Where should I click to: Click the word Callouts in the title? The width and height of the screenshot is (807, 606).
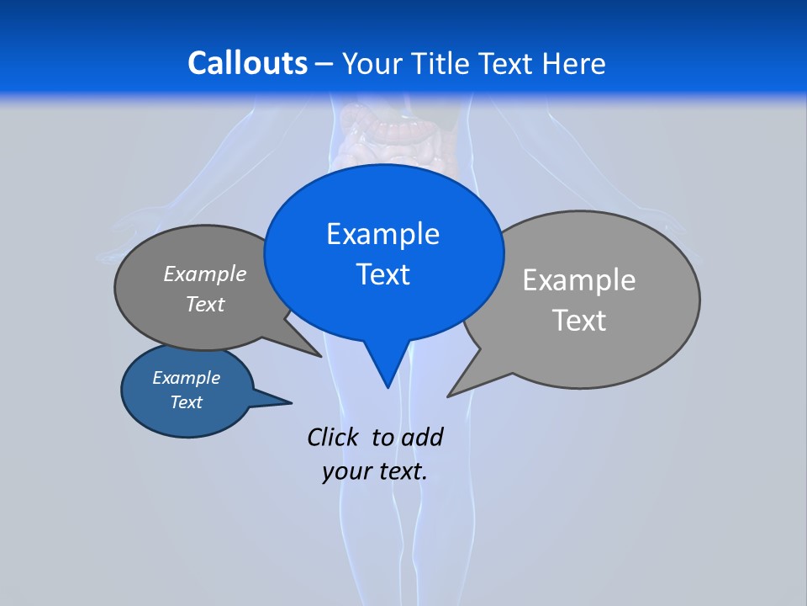coord(247,63)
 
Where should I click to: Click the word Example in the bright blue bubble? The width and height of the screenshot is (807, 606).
coord(382,234)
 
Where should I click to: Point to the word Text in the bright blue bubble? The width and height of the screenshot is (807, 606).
coord(382,274)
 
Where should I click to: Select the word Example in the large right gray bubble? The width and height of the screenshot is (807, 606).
coord(579,280)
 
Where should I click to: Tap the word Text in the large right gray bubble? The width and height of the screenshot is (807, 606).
coord(579,321)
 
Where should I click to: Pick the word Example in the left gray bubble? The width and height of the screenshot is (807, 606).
coord(205,274)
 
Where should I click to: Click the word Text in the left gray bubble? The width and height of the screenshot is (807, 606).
coord(205,304)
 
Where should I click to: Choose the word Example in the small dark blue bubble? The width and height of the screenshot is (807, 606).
coord(186,378)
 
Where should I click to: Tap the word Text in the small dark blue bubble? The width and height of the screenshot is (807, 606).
coord(186,402)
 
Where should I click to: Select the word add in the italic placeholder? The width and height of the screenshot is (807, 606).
coord(422,437)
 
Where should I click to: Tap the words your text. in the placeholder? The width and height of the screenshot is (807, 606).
coord(375,471)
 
